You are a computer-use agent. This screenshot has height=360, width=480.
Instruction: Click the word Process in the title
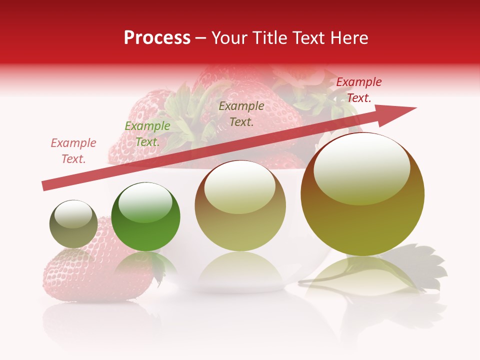tap(157, 38)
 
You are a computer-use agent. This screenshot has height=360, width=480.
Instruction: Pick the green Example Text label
tap(147, 134)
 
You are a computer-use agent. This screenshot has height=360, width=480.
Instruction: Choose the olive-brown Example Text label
tap(241, 113)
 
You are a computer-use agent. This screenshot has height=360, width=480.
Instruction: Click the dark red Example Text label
tap(358, 90)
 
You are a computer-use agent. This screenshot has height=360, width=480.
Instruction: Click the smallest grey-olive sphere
tap(73, 224)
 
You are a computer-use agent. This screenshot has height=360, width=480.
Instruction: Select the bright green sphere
tap(145, 217)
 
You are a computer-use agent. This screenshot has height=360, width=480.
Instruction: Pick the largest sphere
tap(362, 200)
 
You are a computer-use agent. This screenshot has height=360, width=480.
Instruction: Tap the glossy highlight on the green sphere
tap(145, 202)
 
